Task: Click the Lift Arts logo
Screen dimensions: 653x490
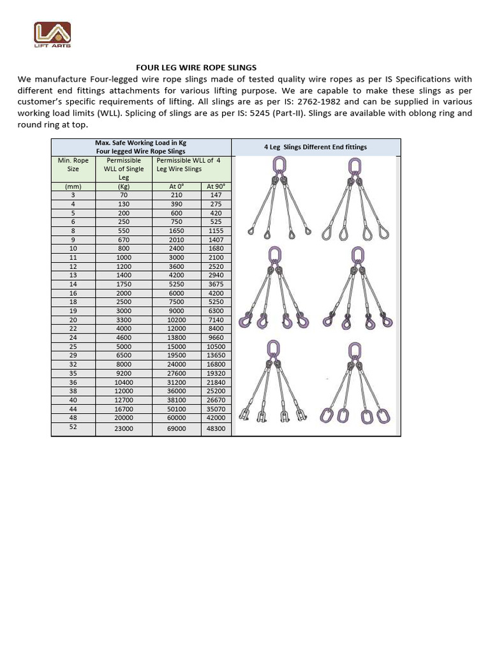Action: pyautogui.click(x=52, y=36)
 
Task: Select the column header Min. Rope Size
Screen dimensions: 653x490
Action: pyautogui.click(x=73, y=165)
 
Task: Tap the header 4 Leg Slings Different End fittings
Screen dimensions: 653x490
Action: pyautogui.click(x=315, y=147)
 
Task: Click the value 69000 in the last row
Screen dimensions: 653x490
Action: pyautogui.click(x=176, y=429)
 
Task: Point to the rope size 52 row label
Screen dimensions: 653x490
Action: pyautogui.click(x=73, y=427)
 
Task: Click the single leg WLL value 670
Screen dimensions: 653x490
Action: pyautogui.click(x=124, y=239)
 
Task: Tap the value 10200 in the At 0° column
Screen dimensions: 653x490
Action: pyautogui.click(x=176, y=319)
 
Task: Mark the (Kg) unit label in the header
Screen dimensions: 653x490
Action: pyautogui.click(x=124, y=186)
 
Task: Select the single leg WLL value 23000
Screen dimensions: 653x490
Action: pyautogui.click(x=124, y=429)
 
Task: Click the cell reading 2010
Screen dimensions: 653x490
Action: pyautogui.click(x=176, y=239)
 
